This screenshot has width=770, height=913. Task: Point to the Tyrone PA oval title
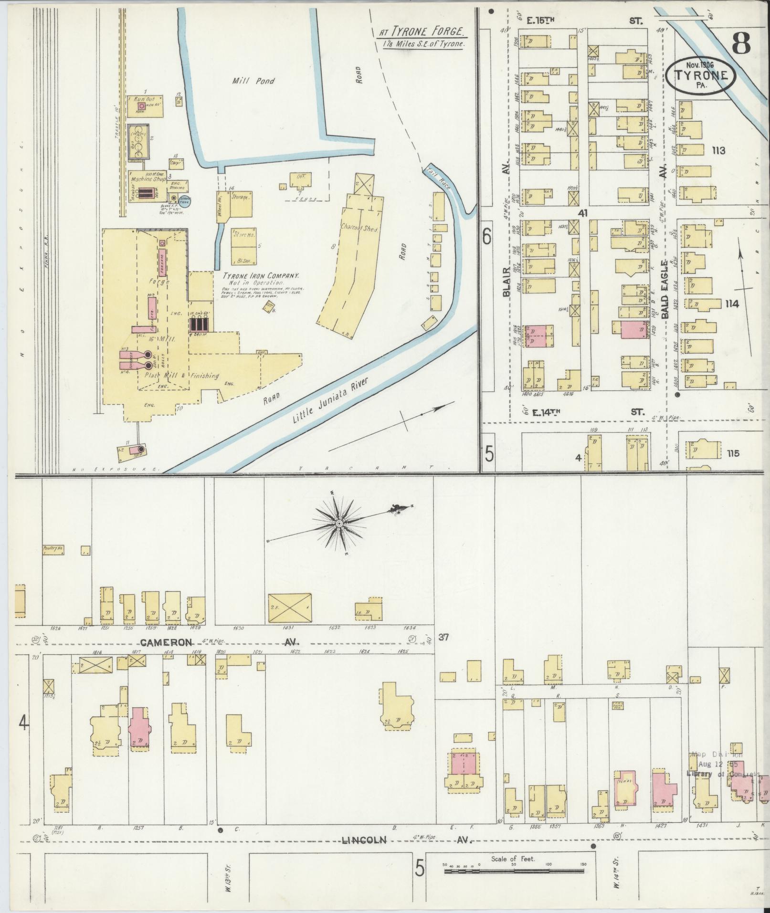point(701,75)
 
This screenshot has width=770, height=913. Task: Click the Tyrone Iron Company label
point(261,276)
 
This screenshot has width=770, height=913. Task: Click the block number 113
point(718,151)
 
